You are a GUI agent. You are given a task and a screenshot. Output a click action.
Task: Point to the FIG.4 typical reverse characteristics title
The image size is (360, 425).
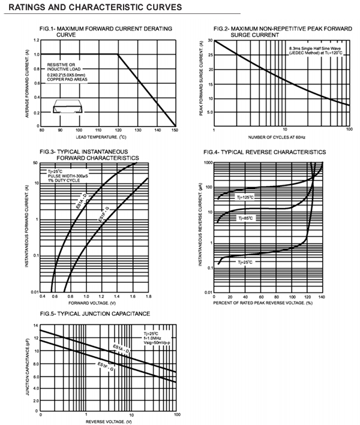point(265,152)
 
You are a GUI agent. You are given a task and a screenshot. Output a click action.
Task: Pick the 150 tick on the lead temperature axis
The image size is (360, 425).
point(175,130)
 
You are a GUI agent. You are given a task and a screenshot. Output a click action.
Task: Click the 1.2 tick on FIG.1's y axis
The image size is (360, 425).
point(36,40)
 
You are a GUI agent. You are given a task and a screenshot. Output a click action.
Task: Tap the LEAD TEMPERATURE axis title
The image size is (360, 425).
point(108,138)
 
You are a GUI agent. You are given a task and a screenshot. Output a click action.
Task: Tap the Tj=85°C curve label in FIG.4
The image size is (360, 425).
point(246,219)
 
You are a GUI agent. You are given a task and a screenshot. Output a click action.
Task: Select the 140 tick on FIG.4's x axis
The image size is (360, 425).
point(322,297)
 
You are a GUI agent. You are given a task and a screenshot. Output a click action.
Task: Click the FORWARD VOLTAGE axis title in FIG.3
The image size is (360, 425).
point(94,303)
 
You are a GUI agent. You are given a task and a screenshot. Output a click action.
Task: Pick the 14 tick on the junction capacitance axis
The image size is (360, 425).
point(35,324)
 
